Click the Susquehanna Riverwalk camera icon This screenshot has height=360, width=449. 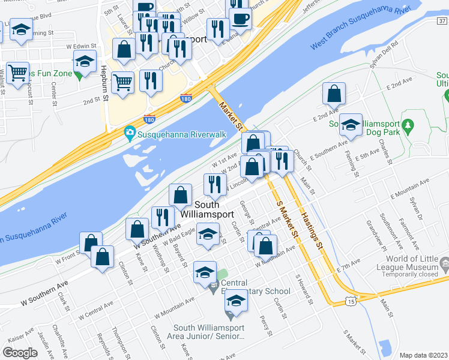click(x=129, y=133)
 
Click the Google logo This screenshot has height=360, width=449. click(x=20, y=353)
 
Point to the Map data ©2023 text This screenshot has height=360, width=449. click(x=423, y=355)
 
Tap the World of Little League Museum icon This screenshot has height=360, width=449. click(x=444, y=263)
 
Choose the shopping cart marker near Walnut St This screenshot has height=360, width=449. click(x=18, y=73)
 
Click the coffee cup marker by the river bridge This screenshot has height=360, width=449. click(x=240, y=18)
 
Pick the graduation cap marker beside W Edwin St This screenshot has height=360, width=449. click(x=85, y=61)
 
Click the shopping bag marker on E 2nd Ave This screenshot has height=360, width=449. click(x=334, y=94)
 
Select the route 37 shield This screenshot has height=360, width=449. click(x=441, y=21)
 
